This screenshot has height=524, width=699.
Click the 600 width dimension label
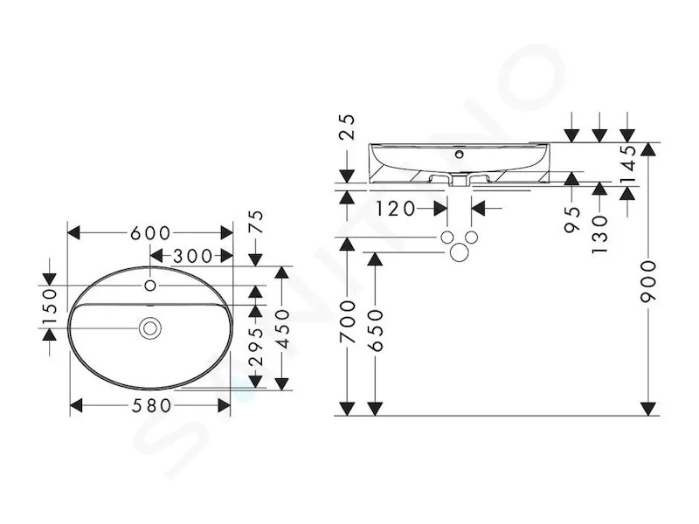150,233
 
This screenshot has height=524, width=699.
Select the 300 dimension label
193,256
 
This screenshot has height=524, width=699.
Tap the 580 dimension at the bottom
151,406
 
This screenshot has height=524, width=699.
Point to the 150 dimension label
51,307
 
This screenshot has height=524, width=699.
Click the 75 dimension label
257,222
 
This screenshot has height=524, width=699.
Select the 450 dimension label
282,329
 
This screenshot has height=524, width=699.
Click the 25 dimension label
347,127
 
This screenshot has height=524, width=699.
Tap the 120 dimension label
396,209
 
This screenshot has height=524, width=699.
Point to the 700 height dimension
348,321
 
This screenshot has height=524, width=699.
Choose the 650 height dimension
376,331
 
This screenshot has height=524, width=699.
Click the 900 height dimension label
648,282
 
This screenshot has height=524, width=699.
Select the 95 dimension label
572,219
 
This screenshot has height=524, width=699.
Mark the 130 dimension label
600,235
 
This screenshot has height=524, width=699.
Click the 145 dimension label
628,164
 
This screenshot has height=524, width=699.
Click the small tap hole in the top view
150,286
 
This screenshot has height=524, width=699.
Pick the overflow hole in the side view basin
460,155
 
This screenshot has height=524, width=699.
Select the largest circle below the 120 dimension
460,252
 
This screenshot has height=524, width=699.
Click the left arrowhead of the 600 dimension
73,233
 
